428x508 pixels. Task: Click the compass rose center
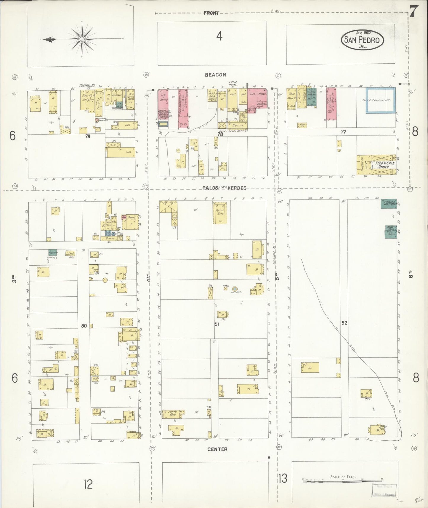click(x=81, y=39)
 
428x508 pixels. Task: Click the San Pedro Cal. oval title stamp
click(x=363, y=40)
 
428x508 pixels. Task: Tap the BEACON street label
click(x=215, y=75)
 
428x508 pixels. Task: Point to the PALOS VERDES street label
click(x=224, y=188)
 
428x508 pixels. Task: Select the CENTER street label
click(x=217, y=449)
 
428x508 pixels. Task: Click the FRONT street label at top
click(x=211, y=13)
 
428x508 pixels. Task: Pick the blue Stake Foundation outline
click(x=380, y=100)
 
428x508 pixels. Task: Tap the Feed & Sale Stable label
click(x=384, y=165)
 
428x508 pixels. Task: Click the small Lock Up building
click(x=302, y=125)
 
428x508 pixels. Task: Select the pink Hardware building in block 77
click(x=331, y=104)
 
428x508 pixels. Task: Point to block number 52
click(x=344, y=323)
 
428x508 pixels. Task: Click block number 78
click(x=220, y=134)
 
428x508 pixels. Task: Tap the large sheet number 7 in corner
click(x=413, y=12)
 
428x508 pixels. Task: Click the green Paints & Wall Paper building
click(x=389, y=204)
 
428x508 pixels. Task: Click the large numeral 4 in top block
click(x=219, y=36)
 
